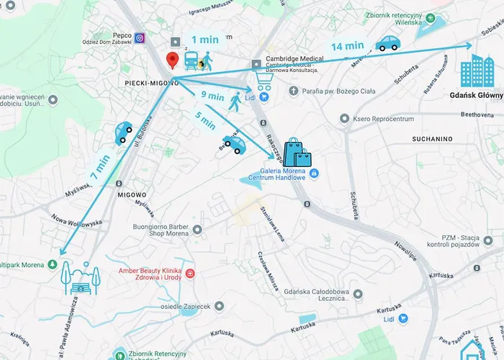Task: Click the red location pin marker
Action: click(172, 60)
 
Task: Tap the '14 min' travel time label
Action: click(347, 46)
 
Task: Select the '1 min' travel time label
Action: click(204, 40)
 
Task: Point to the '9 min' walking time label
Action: click(212, 95)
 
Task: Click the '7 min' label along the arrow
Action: click(100, 167)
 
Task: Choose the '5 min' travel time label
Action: click(205, 119)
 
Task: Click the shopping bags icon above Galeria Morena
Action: click(296, 153)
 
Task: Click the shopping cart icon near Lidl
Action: click(263, 84)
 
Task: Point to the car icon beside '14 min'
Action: click(388, 44)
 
